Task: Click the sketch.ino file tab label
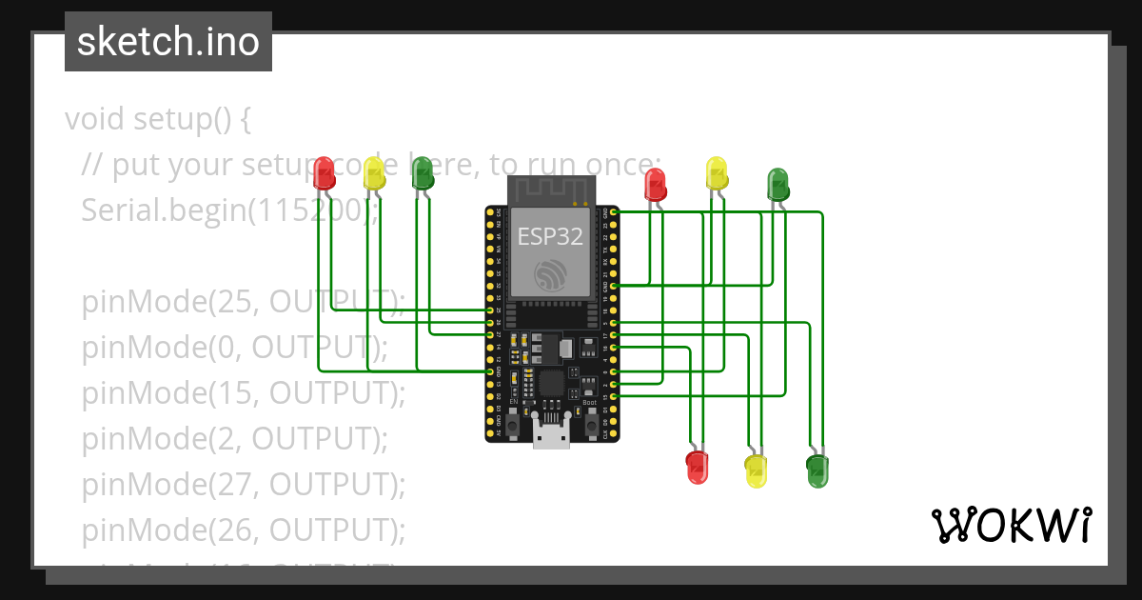point(168,42)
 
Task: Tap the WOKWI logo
point(1011,525)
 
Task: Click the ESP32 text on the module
point(550,236)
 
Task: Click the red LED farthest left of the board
point(325,172)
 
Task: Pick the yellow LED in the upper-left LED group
point(374,173)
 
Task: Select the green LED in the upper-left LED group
point(422,172)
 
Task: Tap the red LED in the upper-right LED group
point(655,183)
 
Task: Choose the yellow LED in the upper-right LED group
point(717,173)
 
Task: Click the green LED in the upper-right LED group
point(778,183)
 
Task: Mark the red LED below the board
point(698,467)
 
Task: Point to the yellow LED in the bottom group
point(756,470)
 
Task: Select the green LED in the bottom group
point(817,470)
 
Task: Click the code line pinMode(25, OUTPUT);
point(243,302)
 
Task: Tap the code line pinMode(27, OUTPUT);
point(243,484)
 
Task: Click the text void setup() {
point(158,119)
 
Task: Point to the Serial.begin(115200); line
point(229,210)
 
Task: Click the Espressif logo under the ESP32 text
point(550,274)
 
